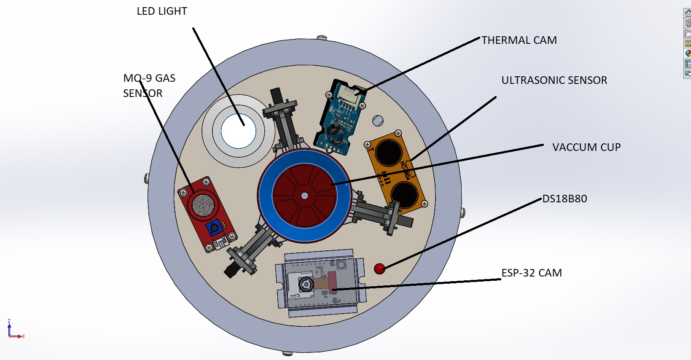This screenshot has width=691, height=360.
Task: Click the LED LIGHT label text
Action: pyautogui.click(x=162, y=11)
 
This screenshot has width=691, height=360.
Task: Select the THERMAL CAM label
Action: pyautogui.click(x=519, y=40)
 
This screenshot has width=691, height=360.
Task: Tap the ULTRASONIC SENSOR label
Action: pyautogui.click(x=554, y=80)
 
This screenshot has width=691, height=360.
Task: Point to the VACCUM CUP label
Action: pyautogui.click(x=586, y=147)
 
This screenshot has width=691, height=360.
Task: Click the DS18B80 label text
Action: pyautogui.click(x=565, y=199)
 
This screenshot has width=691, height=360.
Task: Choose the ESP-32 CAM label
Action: pyautogui.click(x=531, y=273)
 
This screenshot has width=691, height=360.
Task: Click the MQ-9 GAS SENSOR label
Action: pyautogui.click(x=149, y=86)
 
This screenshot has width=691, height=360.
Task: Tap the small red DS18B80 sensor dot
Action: pyautogui.click(x=379, y=269)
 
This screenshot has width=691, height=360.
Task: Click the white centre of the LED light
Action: pyautogui.click(x=238, y=130)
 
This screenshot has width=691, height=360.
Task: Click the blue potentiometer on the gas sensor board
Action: pyautogui.click(x=214, y=228)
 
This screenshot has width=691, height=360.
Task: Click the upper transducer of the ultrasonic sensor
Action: pyautogui.click(x=388, y=152)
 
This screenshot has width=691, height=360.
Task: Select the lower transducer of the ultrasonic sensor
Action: pyautogui.click(x=404, y=194)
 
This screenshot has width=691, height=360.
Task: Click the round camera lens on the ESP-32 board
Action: pyautogui.click(x=306, y=285)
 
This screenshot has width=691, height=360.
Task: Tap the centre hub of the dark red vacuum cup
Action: pyautogui.click(x=304, y=196)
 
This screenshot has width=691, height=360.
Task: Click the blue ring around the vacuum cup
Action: pyautogui.click(x=266, y=196)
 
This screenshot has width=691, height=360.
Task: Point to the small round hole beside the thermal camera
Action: pyautogui.click(x=378, y=121)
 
